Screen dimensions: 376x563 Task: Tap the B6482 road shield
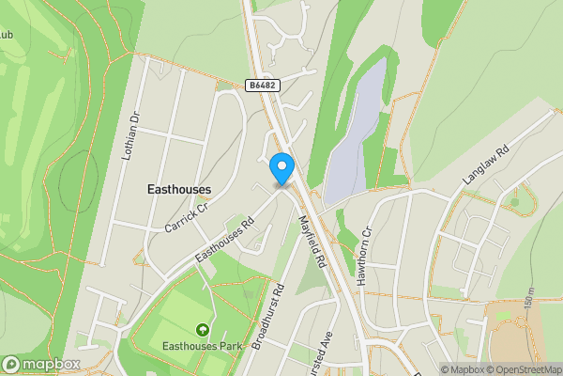[262, 85]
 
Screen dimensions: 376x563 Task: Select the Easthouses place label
[179, 189]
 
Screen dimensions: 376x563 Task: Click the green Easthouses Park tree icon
[202, 329]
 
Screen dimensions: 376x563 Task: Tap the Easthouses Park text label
[202, 346]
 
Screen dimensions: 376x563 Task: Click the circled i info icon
[555, 369]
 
